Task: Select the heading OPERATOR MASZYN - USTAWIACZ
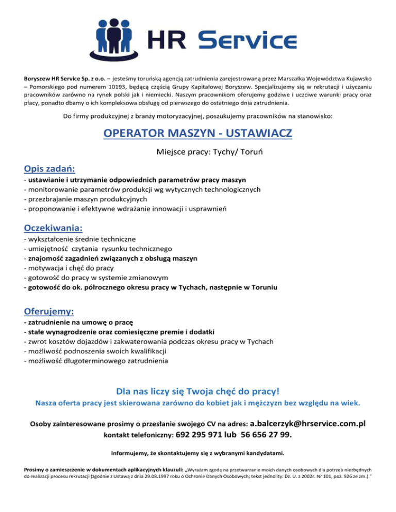click(197, 133)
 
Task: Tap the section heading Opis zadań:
click(49, 168)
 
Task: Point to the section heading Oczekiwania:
click(54, 227)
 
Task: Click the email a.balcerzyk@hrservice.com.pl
click(308, 423)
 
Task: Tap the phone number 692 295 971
click(198, 434)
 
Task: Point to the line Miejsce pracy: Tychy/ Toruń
click(197, 152)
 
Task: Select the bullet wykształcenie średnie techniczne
click(80, 239)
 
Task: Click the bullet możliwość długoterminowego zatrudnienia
click(96, 361)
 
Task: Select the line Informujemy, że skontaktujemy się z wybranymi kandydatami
click(198, 454)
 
